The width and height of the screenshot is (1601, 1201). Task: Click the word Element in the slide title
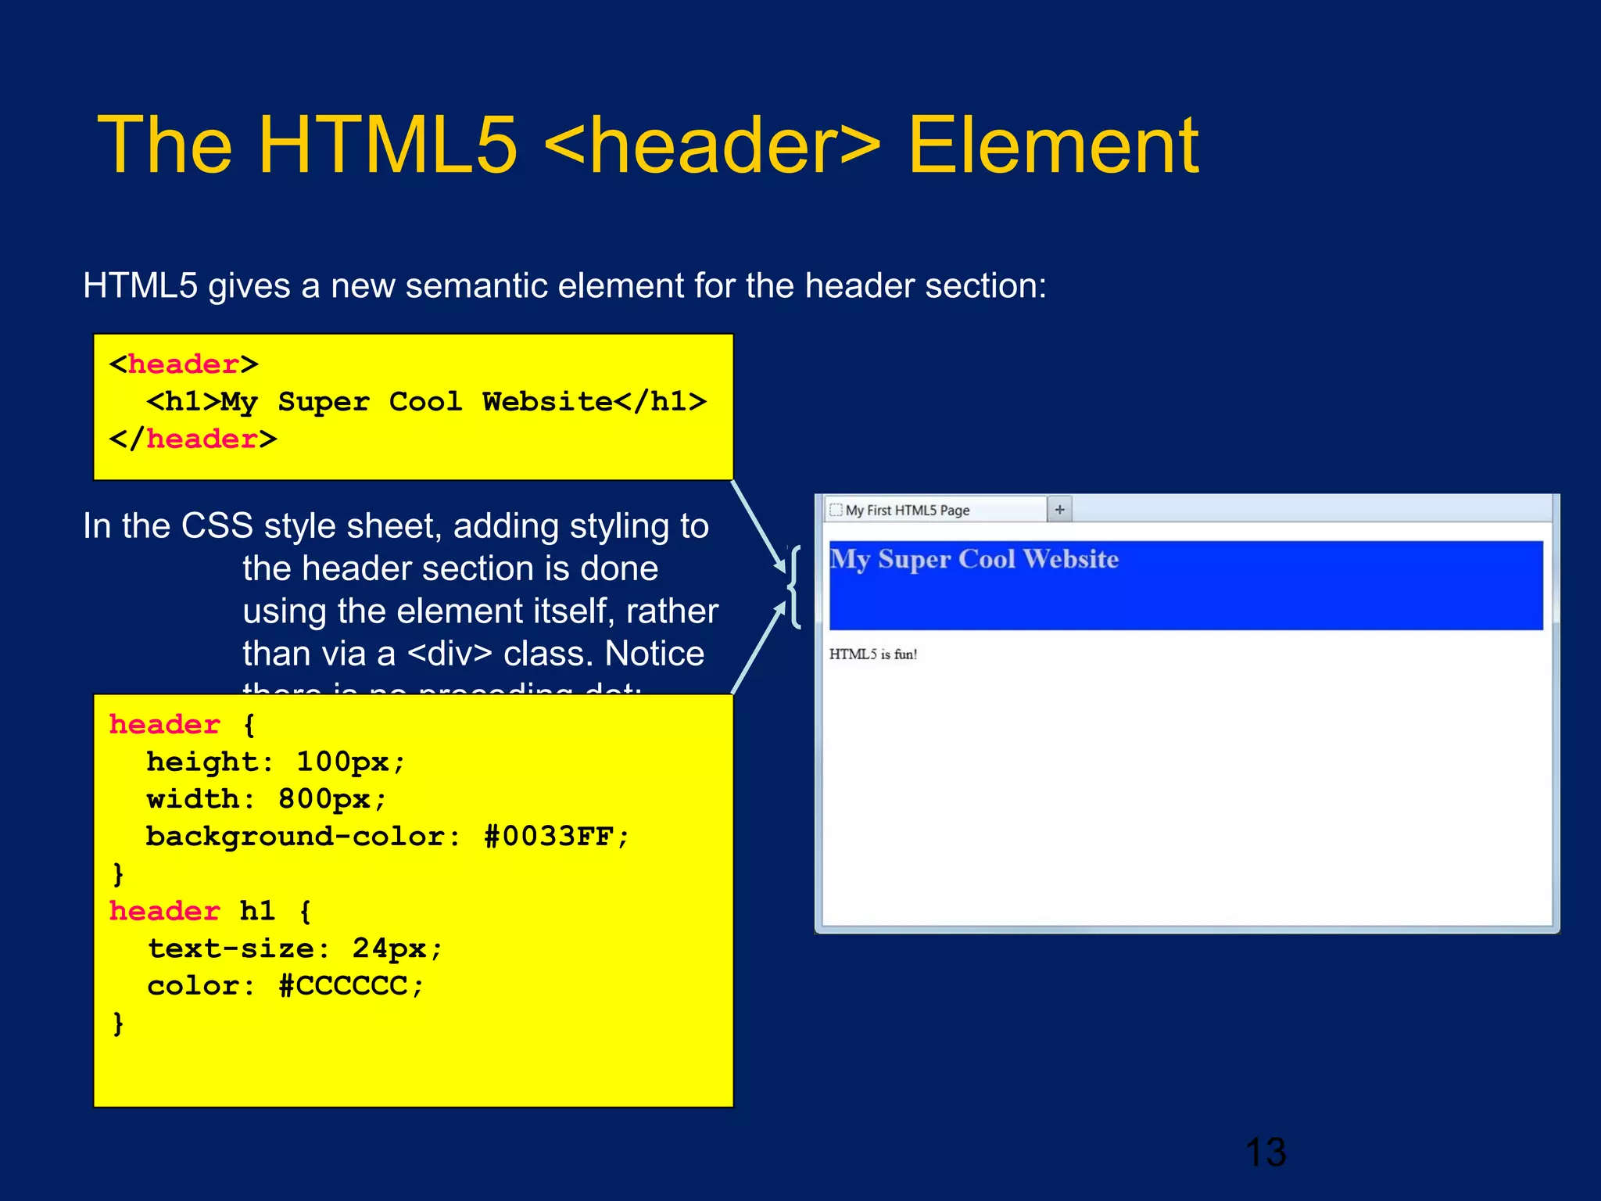point(1052,145)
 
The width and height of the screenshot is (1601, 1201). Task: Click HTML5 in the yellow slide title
point(387,145)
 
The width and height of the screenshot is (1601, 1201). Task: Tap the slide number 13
point(1265,1153)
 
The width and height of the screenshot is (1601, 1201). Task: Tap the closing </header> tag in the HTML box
point(193,439)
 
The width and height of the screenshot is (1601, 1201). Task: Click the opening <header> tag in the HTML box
point(184,364)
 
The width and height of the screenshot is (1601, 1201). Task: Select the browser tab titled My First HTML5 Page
point(907,511)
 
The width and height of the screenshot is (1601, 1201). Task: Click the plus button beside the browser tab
point(1059,510)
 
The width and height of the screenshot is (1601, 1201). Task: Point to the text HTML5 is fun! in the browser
point(872,654)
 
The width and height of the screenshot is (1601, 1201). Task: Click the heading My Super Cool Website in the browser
point(974,560)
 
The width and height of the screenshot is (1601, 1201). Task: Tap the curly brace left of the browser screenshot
point(794,587)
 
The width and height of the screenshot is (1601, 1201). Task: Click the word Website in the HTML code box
point(547,402)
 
